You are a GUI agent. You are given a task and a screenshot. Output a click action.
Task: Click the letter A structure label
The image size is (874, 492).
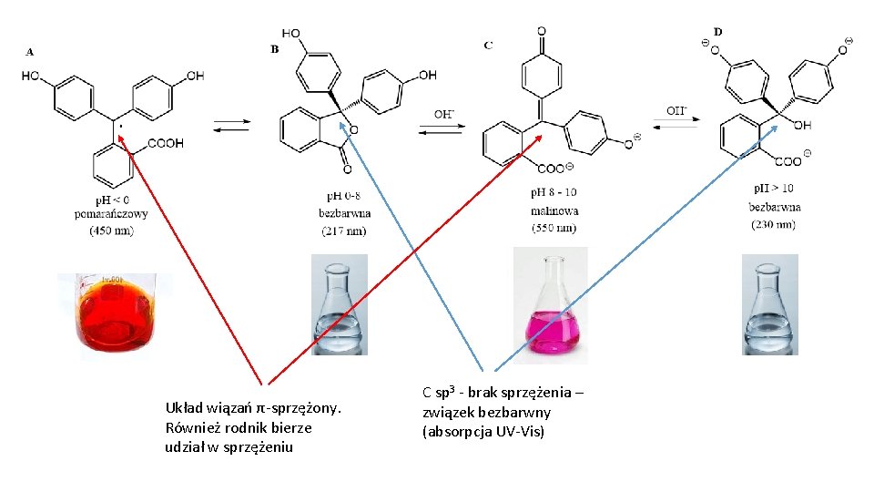coord(29,52)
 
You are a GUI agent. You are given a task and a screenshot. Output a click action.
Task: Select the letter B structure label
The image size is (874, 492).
coord(275,49)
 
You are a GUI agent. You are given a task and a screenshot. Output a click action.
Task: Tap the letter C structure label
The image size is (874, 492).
coord(488,44)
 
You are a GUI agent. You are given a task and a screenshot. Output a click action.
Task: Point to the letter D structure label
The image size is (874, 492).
coord(717,32)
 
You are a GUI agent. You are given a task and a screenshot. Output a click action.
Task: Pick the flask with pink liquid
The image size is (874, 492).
coord(550,301)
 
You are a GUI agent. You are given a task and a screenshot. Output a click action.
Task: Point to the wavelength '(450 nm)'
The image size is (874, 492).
coord(111,231)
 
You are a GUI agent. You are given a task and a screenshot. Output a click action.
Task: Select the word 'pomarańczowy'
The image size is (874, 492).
coord(111,215)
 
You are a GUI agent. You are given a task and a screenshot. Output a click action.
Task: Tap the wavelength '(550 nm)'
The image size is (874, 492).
coord(554,228)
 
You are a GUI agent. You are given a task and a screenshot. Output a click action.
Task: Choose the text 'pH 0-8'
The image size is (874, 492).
coord(344,196)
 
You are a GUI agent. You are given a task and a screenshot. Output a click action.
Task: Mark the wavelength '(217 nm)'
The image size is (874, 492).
coord(344,230)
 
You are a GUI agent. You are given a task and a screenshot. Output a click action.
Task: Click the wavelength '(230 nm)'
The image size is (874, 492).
coord(775,223)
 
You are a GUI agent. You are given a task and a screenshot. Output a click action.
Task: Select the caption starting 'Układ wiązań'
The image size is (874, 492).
coord(252,426)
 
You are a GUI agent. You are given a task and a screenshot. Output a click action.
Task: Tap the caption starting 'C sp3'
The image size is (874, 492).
coord(503,412)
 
